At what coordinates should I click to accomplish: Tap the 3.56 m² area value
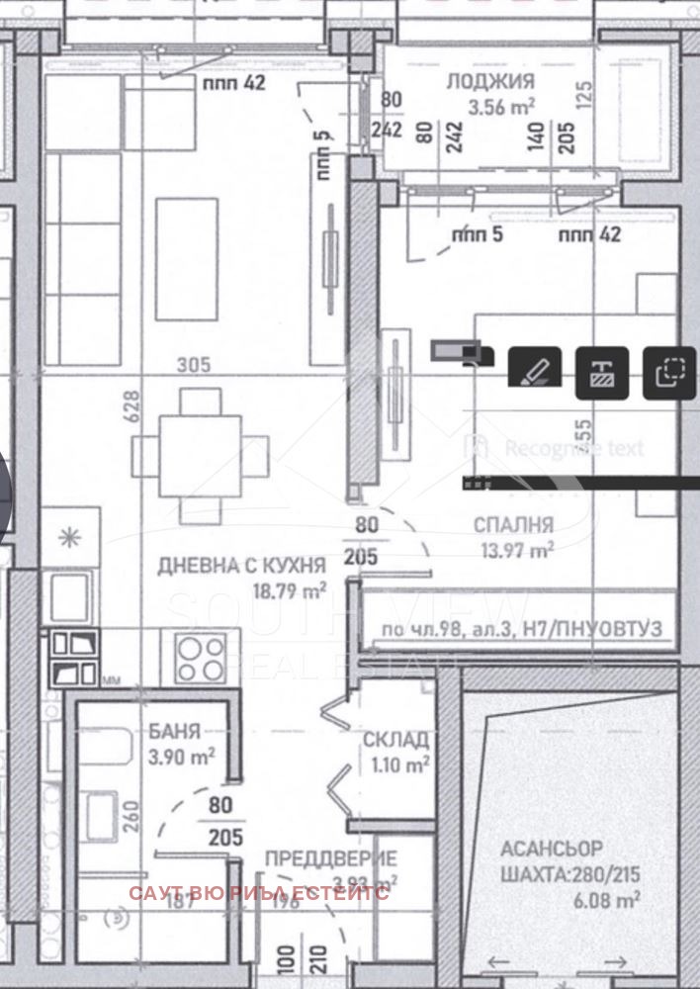(502, 108)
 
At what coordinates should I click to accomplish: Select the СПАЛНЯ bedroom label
(513, 524)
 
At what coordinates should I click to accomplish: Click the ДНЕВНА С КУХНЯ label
(241, 566)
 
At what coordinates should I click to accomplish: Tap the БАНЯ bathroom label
(175, 733)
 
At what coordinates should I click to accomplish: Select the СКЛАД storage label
(395, 740)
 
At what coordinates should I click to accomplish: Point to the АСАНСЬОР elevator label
(551, 849)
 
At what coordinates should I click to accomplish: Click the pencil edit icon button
(535, 372)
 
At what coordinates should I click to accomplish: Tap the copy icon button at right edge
(670, 372)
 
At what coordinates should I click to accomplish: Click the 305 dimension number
(194, 365)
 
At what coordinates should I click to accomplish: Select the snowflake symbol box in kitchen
(70, 537)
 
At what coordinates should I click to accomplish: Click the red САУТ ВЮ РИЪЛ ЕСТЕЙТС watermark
(259, 893)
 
